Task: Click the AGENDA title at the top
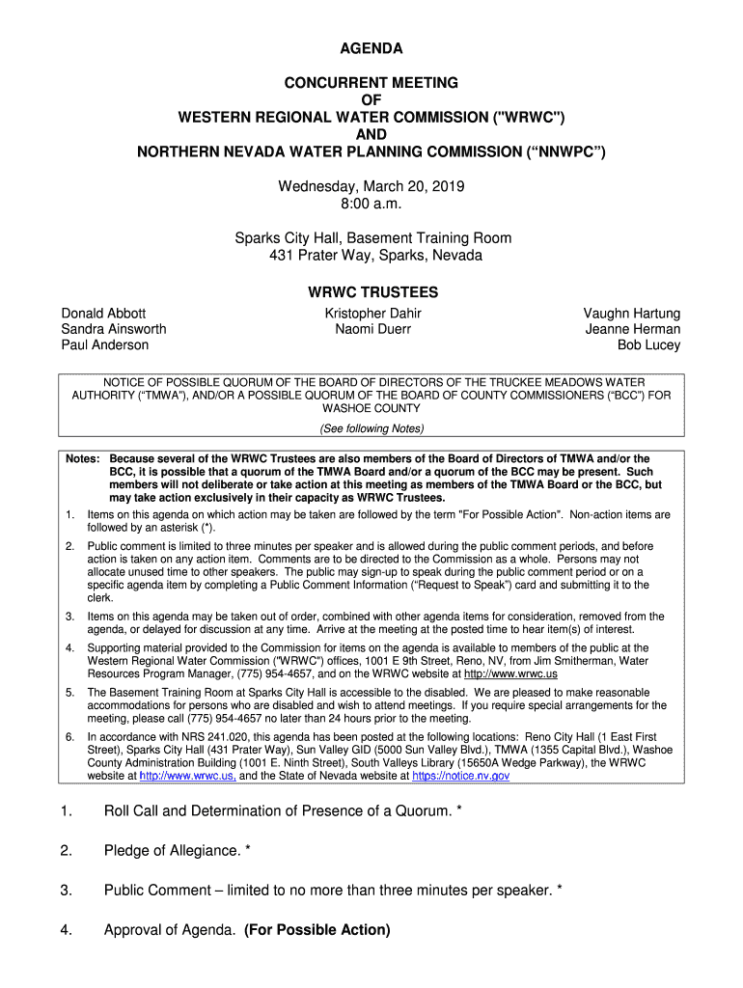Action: (371, 48)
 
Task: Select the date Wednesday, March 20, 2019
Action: (371, 186)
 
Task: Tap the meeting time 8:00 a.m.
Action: (371, 205)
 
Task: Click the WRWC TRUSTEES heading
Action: (372, 292)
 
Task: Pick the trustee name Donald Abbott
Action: (104, 314)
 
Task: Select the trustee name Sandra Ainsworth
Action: (114, 329)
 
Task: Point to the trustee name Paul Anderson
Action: (105, 344)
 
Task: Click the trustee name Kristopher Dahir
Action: (372, 314)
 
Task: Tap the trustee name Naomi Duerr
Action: (372, 329)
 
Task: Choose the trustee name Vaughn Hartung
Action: (631, 314)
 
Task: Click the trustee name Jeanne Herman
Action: (632, 329)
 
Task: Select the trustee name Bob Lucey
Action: (648, 344)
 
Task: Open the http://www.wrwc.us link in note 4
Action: (510, 674)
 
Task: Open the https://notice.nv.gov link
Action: (460, 776)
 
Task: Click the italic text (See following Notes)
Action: (371, 428)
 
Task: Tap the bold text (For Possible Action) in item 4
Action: (317, 930)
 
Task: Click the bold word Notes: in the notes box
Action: (83, 458)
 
